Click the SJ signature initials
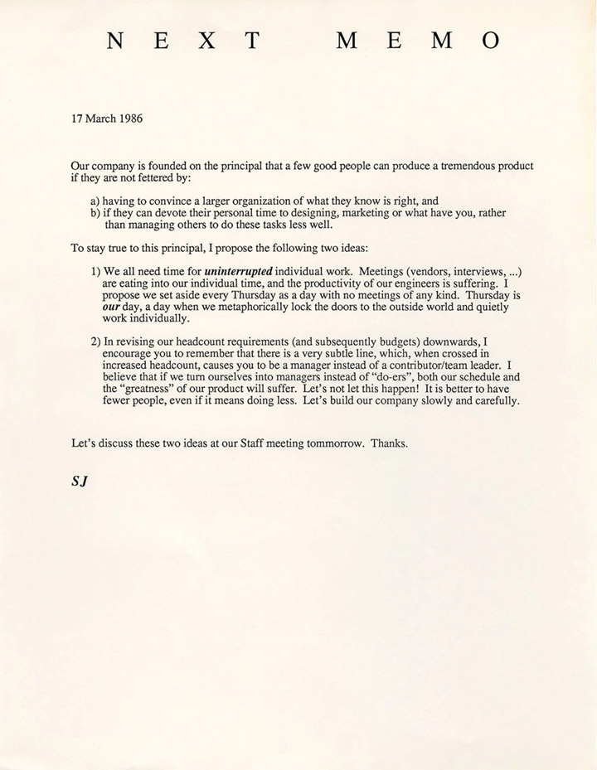80,479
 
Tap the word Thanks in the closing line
389,444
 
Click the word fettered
161,177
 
